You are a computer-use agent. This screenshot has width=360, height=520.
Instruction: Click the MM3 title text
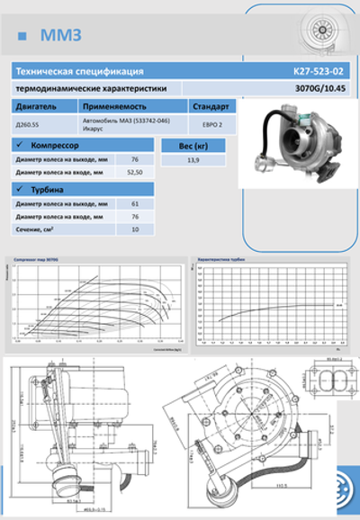pos(60,35)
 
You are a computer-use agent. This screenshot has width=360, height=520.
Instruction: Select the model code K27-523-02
pos(319,71)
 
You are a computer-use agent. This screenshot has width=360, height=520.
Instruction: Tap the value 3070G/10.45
pos(319,88)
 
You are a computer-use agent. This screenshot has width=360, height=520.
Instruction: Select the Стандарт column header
pos(211,106)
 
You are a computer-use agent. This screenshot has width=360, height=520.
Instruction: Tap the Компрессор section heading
pos(58,145)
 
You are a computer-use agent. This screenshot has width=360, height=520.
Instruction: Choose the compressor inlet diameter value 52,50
pos(136,171)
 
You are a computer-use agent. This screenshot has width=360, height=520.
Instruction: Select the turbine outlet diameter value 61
pos(135,203)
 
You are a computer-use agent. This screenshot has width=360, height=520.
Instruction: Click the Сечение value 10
pos(135,229)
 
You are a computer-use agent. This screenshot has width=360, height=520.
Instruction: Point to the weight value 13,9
pos(193,158)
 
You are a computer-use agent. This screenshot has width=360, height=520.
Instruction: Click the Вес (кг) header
pos(193,145)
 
